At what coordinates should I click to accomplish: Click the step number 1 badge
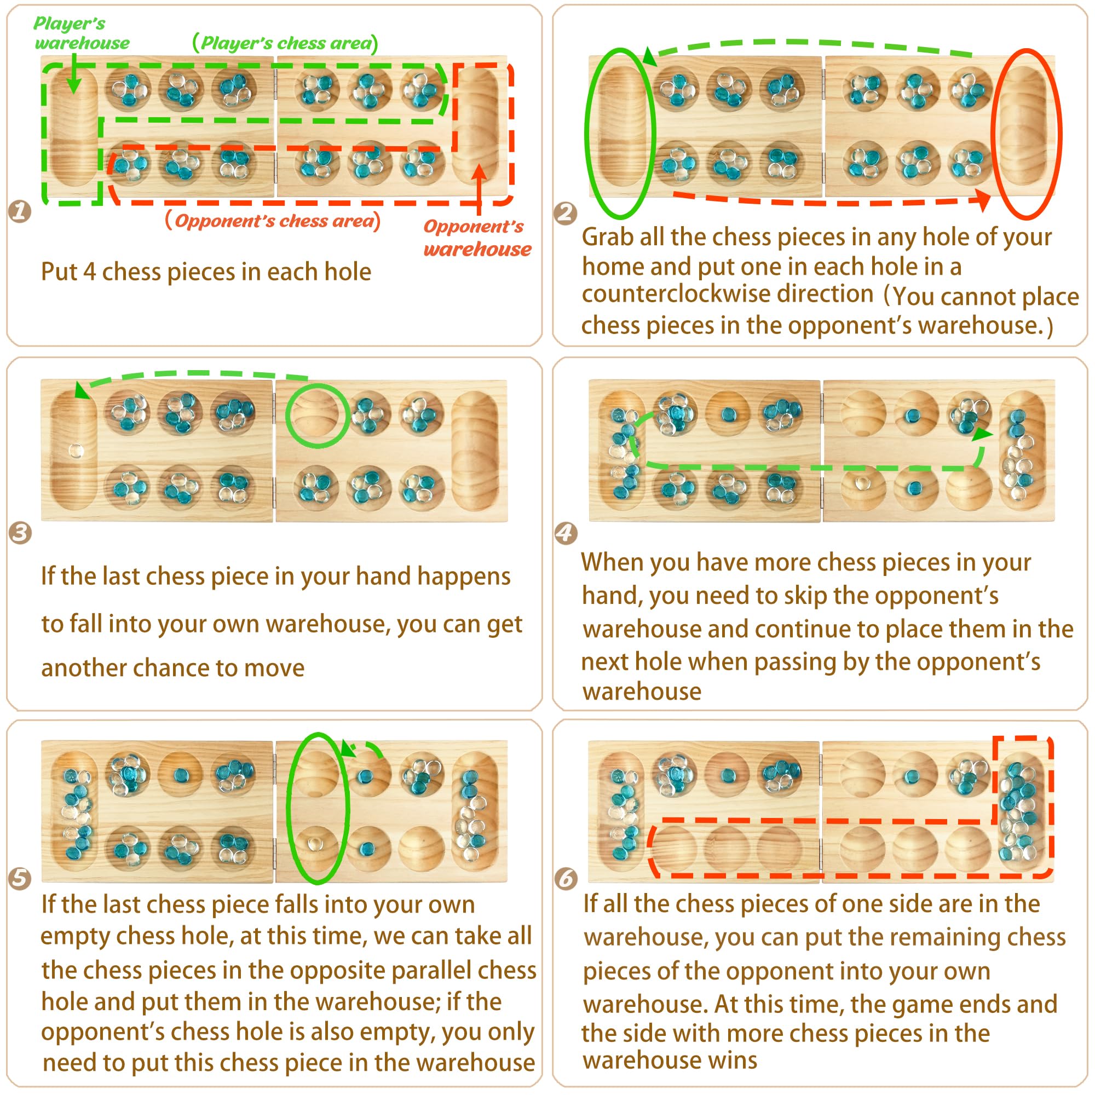pos(20,211)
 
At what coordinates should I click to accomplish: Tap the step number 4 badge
pos(566,533)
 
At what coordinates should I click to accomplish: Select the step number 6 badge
pos(566,879)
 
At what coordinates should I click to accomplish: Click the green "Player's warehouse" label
pos(82,33)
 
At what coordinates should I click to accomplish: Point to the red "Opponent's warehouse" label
pos(477,238)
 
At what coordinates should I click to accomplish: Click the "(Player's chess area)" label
pos(285,43)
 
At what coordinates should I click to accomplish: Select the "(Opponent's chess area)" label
pos(273,220)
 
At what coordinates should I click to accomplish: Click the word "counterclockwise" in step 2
pos(727,293)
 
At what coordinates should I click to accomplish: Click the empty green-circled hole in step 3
pos(318,416)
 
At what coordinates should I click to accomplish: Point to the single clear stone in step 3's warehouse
pos(76,451)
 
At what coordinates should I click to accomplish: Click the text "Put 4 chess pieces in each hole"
pos(206,272)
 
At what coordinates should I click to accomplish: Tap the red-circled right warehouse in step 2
pos(1027,134)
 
